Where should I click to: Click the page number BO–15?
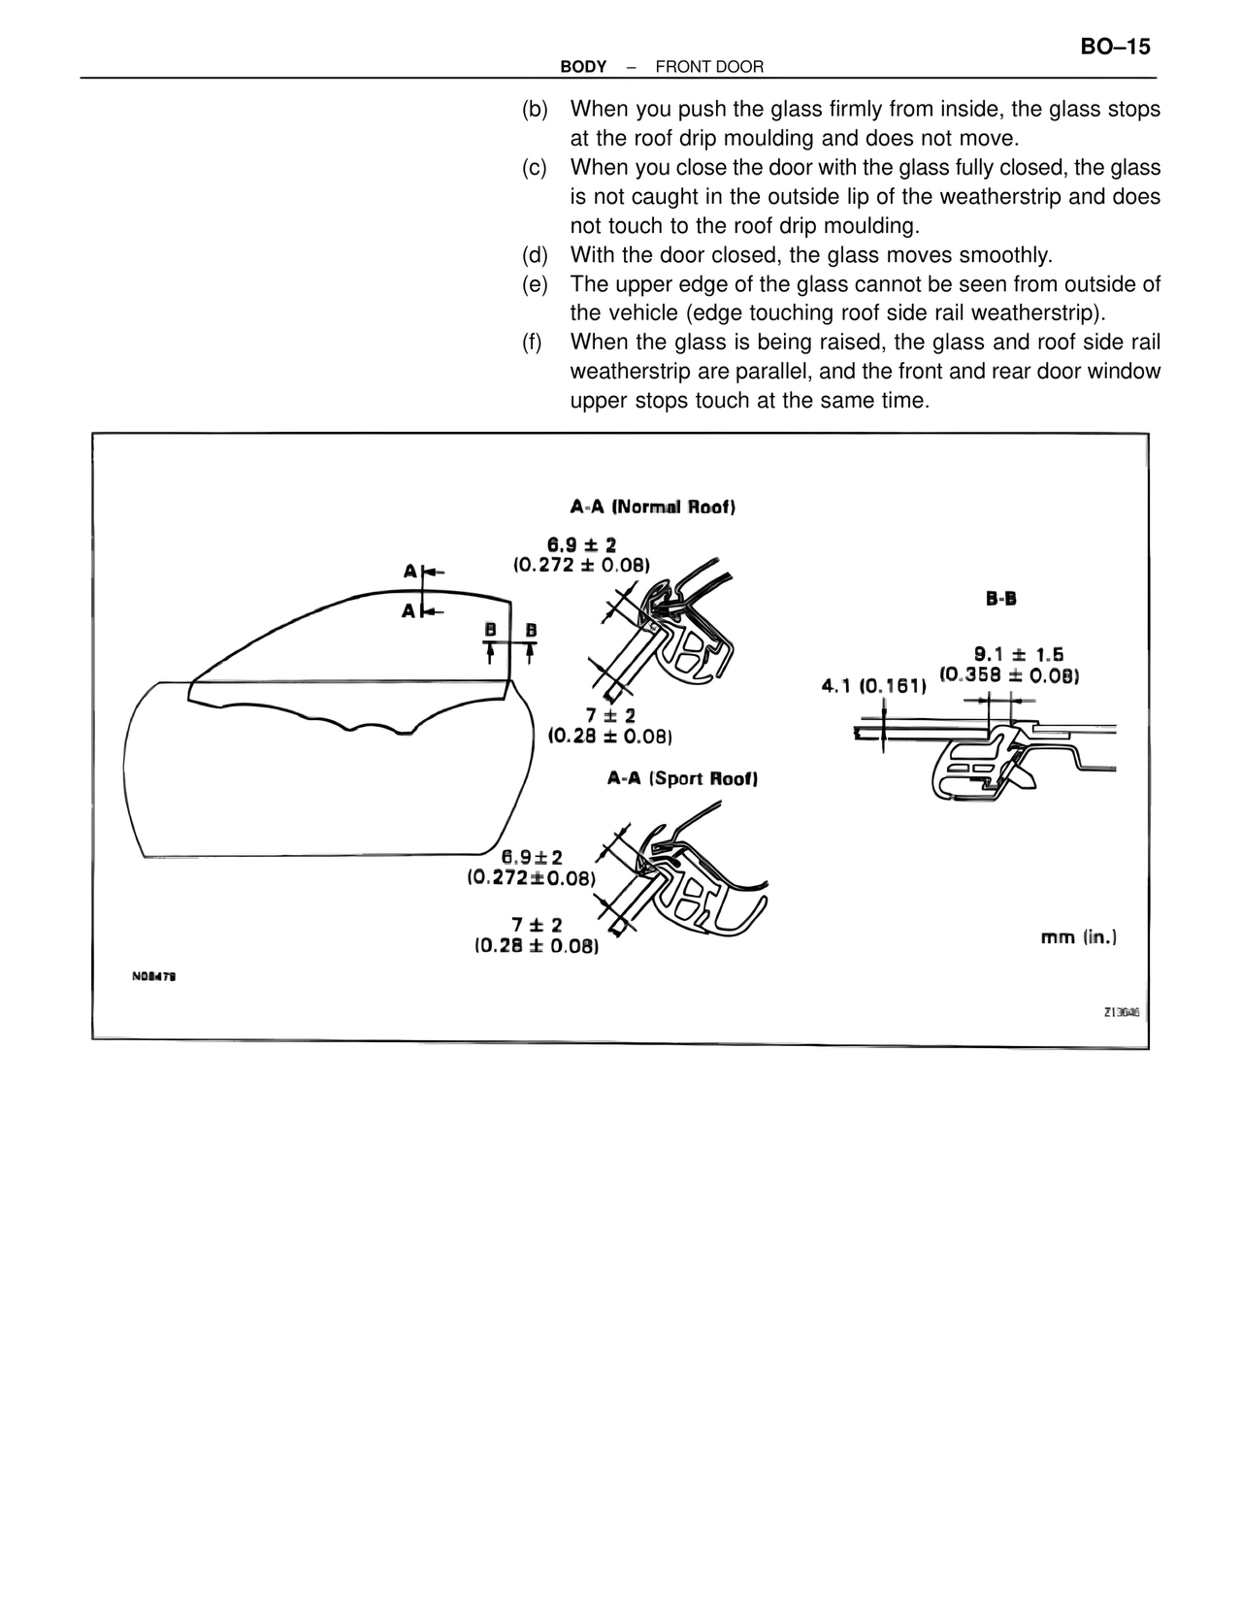tap(1113, 47)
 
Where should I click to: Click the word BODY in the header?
tap(583, 67)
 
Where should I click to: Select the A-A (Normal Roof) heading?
tap(652, 507)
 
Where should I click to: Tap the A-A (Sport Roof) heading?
tap(682, 778)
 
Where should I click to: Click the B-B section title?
tap(1001, 599)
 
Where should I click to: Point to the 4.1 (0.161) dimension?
tap(873, 686)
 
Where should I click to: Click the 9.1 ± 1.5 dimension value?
tap(1018, 655)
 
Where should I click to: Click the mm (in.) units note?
tap(1078, 937)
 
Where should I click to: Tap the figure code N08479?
tap(153, 977)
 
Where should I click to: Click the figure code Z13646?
tap(1121, 1012)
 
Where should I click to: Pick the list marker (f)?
tap(533, 343)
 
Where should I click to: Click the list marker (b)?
tap(534, 110)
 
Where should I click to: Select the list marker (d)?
tap(534, 255)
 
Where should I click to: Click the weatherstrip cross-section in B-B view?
tap(980, 767)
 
